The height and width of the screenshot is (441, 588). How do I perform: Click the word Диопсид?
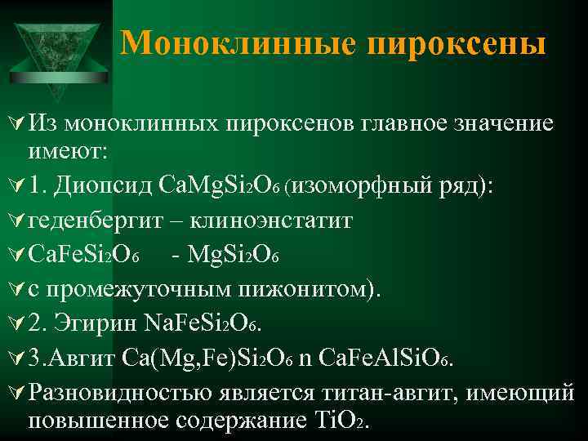point(112,185)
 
